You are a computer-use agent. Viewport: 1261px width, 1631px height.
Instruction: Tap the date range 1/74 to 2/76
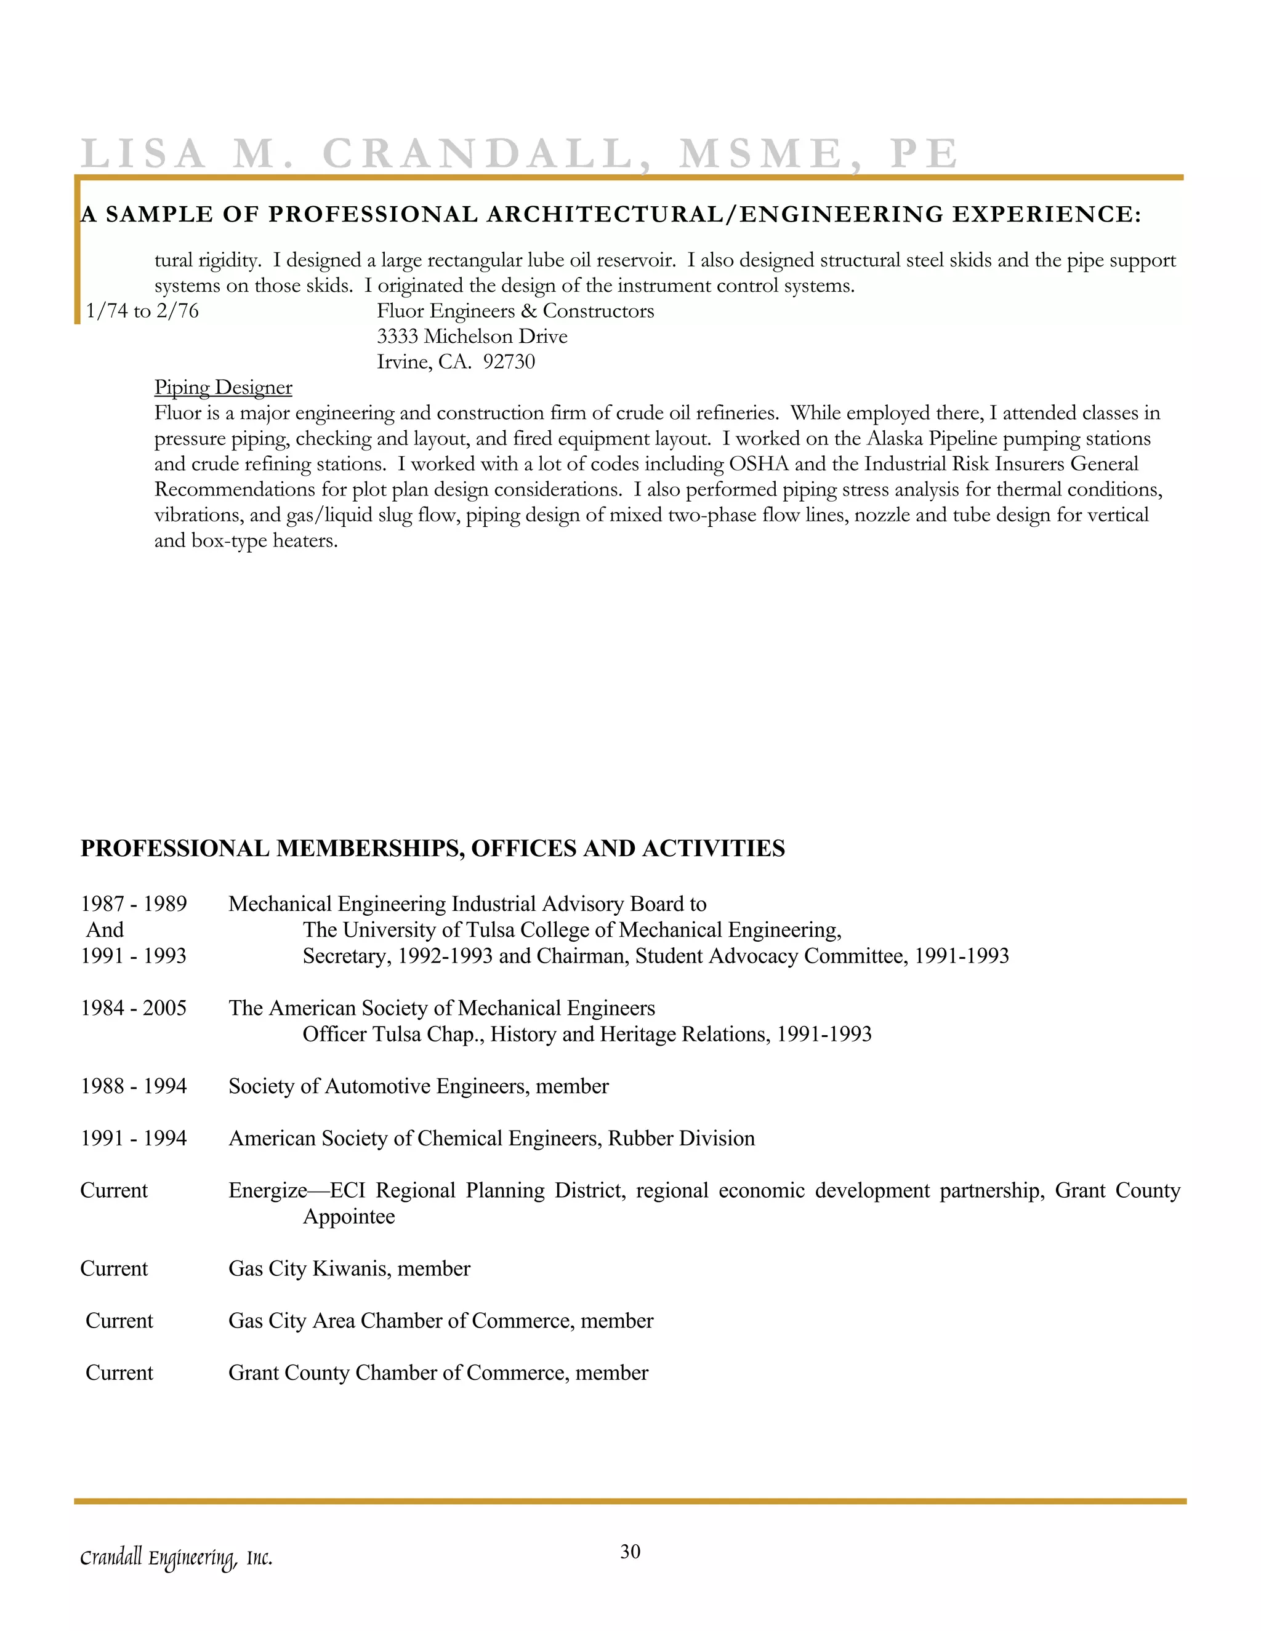[x=143, y=311]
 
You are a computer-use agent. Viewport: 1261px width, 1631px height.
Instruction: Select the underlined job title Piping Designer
[x=223, y=388]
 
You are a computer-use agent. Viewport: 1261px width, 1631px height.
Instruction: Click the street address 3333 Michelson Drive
[x=472, y=337]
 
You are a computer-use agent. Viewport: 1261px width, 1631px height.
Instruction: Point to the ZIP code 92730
[x=509, y=362]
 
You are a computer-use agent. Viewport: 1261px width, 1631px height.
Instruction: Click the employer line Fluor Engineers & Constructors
[x=515, y=311]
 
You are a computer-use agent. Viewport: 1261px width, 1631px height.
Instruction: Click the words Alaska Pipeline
[x=932, y=439]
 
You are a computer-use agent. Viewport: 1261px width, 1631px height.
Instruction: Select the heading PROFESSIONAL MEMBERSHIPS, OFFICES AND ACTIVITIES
[x=432, y=848]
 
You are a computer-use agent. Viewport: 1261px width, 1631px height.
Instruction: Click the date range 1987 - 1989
[x=134, y=904]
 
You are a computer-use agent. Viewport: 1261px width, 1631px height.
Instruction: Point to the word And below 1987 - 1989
[x=105, y=931]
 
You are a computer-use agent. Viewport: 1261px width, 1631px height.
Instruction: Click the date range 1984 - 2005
[x=134, y=1008]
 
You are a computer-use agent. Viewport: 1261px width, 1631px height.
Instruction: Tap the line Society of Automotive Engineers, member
[x=418, y=1086]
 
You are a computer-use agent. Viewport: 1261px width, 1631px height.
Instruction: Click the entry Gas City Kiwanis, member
[x=349, y=1269]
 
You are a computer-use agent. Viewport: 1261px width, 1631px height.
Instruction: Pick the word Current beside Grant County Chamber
[x=119, y=1373]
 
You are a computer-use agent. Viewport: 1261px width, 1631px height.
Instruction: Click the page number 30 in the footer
[x=630, y=1552]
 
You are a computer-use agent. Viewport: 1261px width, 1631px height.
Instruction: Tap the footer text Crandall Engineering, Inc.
[x=176, y=1558]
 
